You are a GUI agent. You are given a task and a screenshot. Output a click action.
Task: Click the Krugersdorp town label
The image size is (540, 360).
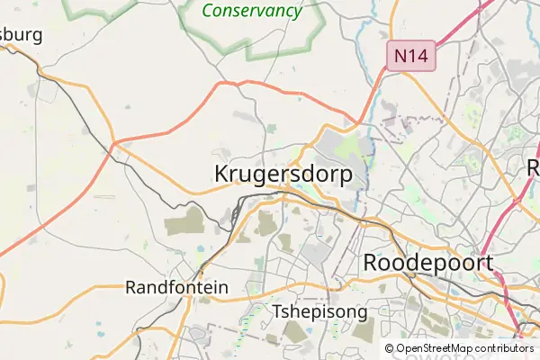pyautogui.click(x=283, y=175)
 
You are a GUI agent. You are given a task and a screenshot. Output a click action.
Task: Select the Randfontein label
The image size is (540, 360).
pyautogui.click(x=177, y=288)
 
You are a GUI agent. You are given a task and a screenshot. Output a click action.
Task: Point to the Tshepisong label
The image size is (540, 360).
pyautogui.click(x=319, y=312)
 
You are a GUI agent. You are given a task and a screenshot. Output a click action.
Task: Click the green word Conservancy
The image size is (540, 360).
pyautogui.click(x=251, y=12)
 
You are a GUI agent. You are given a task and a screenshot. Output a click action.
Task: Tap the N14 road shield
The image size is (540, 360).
pyautogui.click(x=410, y=56)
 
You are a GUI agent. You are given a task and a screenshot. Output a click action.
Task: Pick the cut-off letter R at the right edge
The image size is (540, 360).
pyautogui.click(x=534, y=167)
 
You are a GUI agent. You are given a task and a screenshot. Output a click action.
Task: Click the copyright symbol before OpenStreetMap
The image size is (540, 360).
pyautogui.click(x=390, y=348)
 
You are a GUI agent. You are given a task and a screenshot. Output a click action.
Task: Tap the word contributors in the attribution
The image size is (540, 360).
pyautogui.click(x=505, y=348)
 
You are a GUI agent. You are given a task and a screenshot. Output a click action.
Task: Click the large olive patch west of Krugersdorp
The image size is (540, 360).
pyautogui.click(x=185, y=222)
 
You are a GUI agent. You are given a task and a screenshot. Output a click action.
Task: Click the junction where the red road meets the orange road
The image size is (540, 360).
pyautogui.click(x=114, y=143)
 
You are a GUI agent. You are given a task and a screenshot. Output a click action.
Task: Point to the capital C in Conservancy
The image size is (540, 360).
pyautogui.click(x=209, y=12)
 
